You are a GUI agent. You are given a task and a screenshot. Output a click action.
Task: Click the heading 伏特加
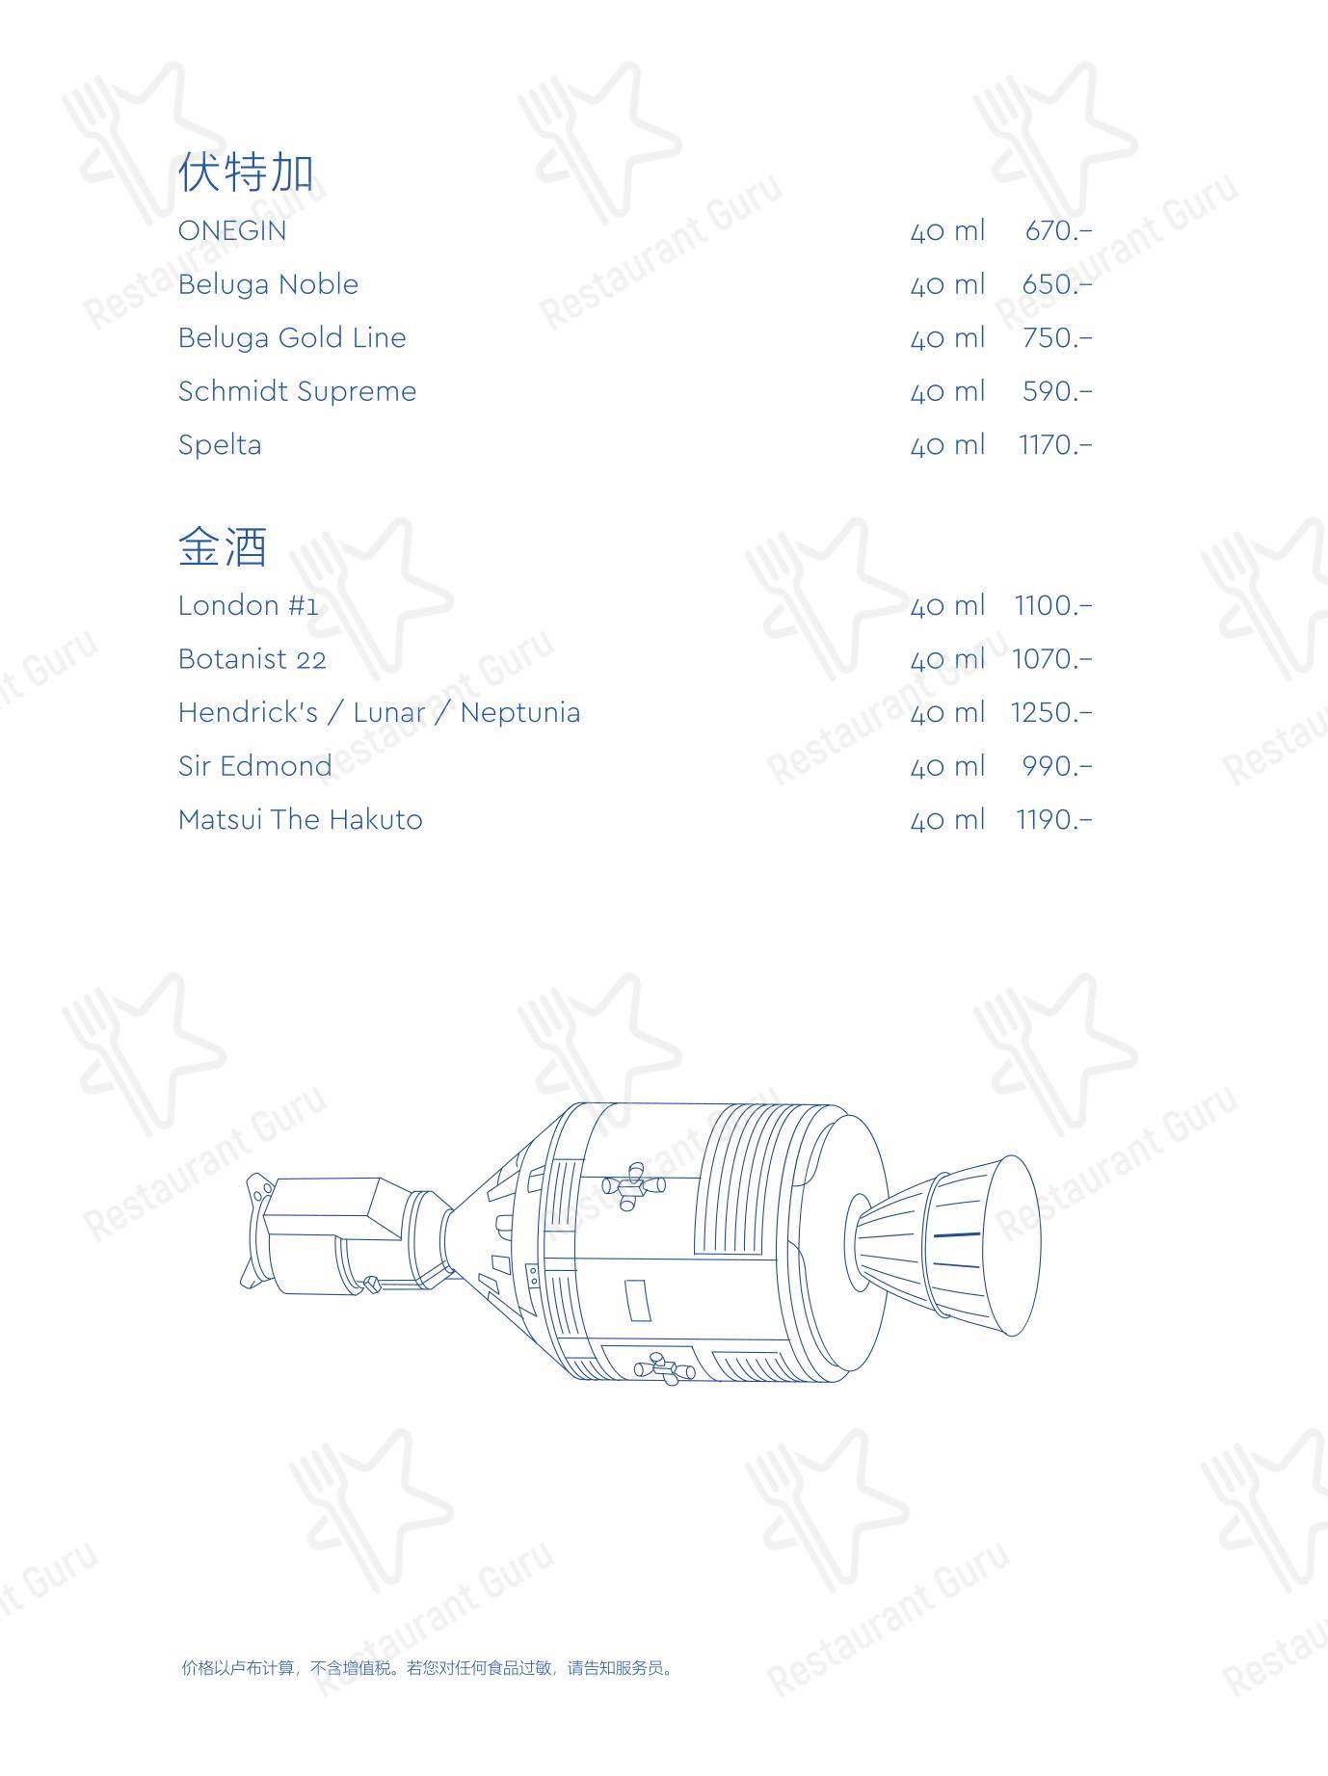click(x=246, y=172)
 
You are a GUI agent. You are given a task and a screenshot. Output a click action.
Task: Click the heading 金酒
click(x=223, y=546)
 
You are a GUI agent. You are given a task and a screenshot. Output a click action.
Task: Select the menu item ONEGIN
click(x=232, y=231)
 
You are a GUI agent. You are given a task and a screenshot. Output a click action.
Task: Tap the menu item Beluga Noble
click(x=268, y=284)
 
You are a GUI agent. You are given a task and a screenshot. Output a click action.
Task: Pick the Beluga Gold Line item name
click(x=292, y=337)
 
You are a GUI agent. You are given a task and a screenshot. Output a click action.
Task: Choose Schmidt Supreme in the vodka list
click(x=297, y=391)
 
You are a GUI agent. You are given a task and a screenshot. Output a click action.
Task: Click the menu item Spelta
click(x=220, y=444)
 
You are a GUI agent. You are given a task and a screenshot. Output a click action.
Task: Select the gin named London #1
click(x=248, y=605)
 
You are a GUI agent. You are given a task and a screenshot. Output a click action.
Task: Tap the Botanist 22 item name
click(x=252, y=659)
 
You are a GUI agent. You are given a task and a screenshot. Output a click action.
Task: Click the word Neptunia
click(x=520, y=713)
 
